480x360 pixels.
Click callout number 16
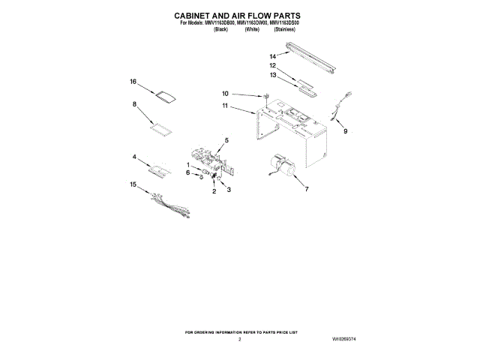coord(133,82)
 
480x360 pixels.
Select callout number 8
coord(134,106)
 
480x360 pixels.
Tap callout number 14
coord(273,56)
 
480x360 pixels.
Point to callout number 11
coord(224,106)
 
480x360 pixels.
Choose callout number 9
coord(346,132)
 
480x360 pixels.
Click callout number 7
coord(306,190)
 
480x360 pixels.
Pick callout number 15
coord(133,184)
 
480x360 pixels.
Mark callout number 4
coord(134,157)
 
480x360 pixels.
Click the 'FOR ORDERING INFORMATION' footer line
coord(240,331)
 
